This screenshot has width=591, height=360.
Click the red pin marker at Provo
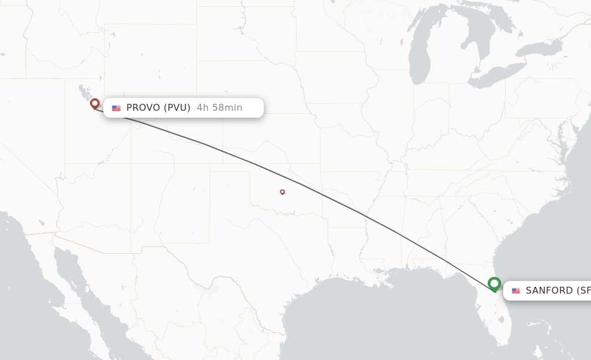point(95,104)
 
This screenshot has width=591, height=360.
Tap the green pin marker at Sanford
point(494,284)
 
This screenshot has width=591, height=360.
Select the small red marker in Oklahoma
point(282,192)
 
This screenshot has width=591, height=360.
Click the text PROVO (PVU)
point(158,108)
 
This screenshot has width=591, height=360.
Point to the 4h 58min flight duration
point(219,108)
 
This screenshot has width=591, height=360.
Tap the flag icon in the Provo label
point(117,108)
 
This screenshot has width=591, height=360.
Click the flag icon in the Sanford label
point(516,291)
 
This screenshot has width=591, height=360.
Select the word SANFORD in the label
point(549,291)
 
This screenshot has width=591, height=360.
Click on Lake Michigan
point(420,58)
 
